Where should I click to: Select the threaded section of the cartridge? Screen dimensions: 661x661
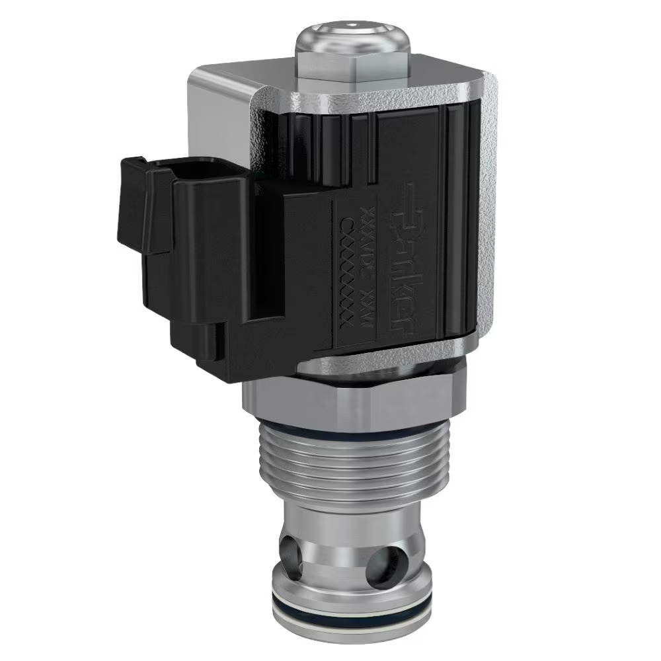350,469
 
